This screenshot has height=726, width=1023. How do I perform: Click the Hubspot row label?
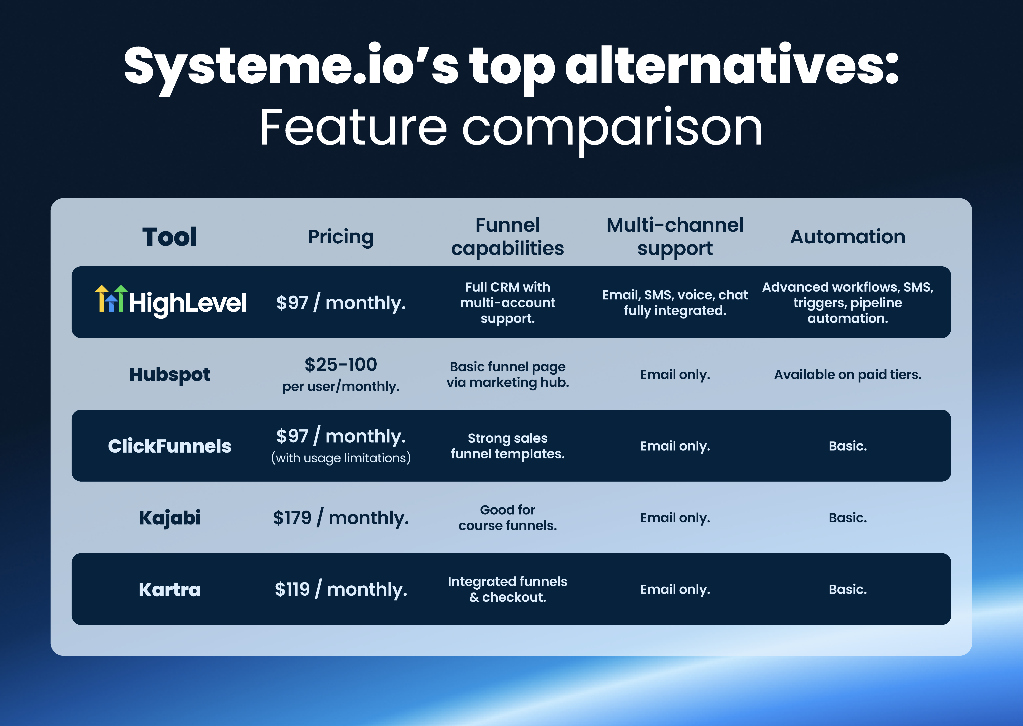coord(169,375)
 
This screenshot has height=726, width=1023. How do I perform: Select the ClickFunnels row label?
coord(169,446)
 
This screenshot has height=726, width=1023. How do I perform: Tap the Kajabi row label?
coord(169,518)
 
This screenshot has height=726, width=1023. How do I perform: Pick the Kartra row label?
coord(169,590)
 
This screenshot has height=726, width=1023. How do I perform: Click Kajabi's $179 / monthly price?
coord(341,518)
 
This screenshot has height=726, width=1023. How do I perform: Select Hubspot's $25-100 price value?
coord(341,365)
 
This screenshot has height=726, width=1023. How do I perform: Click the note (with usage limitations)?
coord(341,458)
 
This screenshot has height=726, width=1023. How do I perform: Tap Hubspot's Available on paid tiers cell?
coord(847,375)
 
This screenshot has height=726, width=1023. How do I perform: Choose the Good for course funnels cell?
coord(507,518)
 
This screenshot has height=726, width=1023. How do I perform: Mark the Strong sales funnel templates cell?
coord(507,446)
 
